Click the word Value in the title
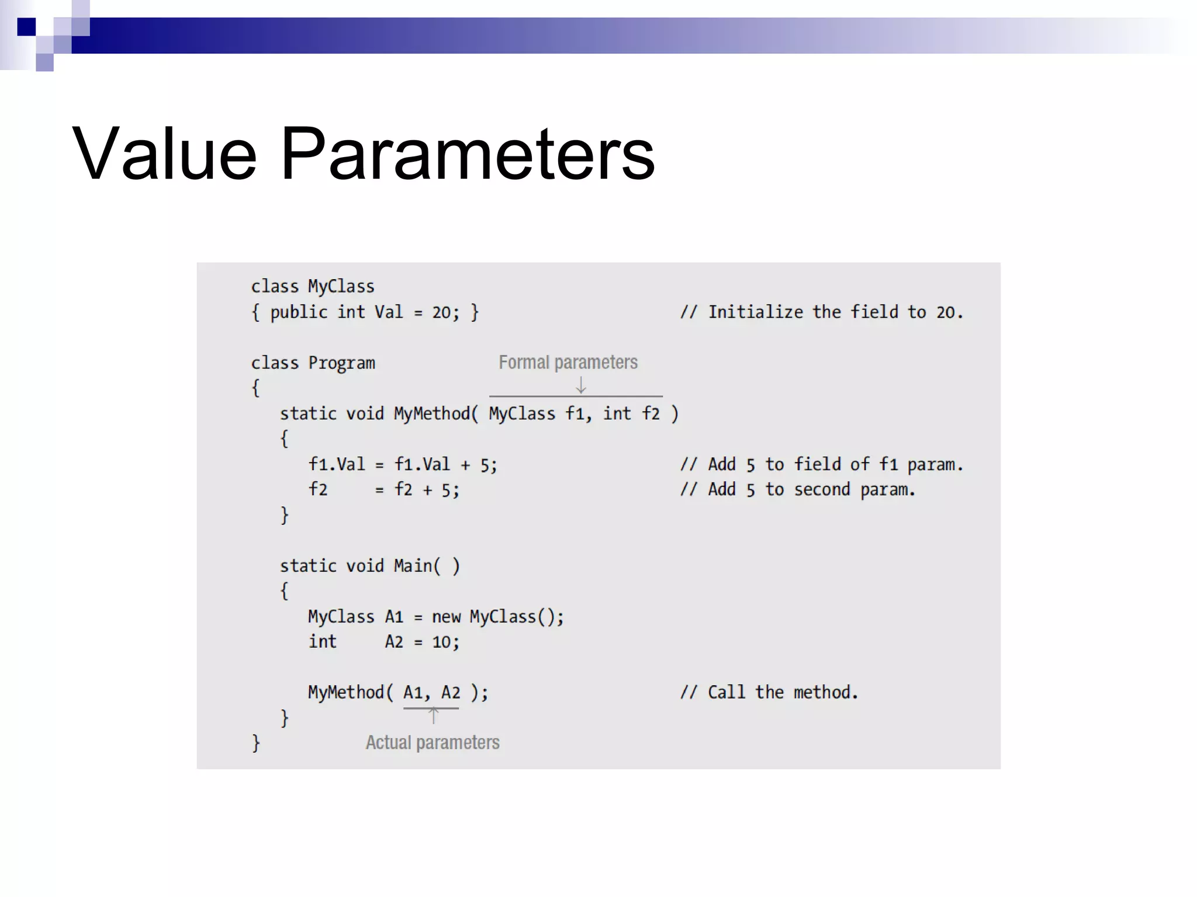(164, 154)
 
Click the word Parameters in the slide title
(468, 154)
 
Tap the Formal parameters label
(568, 362)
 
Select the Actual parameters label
(433, 742)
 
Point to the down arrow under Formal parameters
(580, 385)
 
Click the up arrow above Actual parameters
(433, 716)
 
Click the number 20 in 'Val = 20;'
(441, 312)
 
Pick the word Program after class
(341, 363)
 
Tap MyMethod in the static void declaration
(432, 413)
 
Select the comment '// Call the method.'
(769, 693)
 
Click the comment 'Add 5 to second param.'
(798, 489)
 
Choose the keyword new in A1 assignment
(446, 617)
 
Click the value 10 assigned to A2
(441, 642)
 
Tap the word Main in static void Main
(413, 566)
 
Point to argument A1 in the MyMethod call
(413, 693)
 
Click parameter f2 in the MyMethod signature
(651, 413)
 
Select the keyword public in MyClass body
(299, 312)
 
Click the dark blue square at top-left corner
(26, 27)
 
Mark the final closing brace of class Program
(255, 743)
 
